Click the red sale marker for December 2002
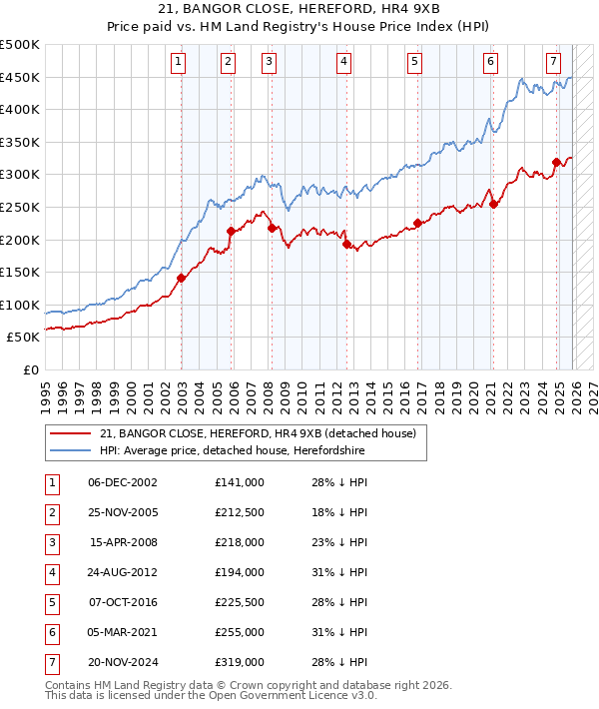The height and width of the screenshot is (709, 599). [181, 278]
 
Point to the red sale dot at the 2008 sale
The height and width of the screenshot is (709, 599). [272, 228]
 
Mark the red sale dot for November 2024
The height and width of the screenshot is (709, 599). [557, 162]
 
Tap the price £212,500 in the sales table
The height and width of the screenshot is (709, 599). [240, 512]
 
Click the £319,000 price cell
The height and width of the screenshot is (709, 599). [240, 662]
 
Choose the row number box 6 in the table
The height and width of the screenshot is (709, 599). [51, 632]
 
